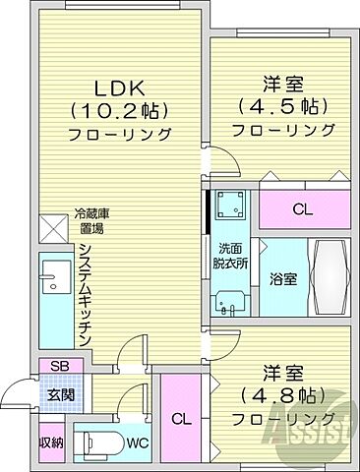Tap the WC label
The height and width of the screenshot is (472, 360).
(x=139, y=442)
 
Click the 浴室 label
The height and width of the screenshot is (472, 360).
(x=283, y=279)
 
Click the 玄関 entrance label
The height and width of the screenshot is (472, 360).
(x=57, y=396)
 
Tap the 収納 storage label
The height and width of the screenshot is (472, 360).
(x=52, y=442)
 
